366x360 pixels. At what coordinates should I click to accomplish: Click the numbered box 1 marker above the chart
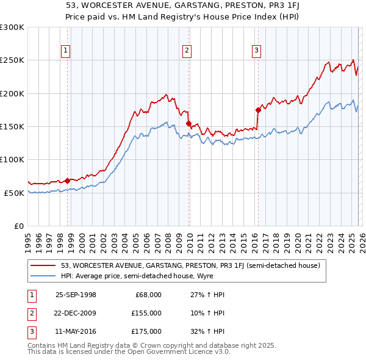65,51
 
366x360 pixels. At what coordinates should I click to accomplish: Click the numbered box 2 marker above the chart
187,51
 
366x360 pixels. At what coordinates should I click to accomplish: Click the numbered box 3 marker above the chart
256,51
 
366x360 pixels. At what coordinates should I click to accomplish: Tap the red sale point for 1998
68,180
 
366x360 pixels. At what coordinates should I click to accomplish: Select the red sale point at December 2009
188,123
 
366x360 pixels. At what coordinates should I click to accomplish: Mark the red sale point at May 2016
257,110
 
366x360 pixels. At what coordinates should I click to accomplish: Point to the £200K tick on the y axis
12,93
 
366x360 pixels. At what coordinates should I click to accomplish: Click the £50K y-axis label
14,193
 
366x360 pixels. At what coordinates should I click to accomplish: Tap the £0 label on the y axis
18,226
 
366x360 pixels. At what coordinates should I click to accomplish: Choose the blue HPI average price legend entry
152,275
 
